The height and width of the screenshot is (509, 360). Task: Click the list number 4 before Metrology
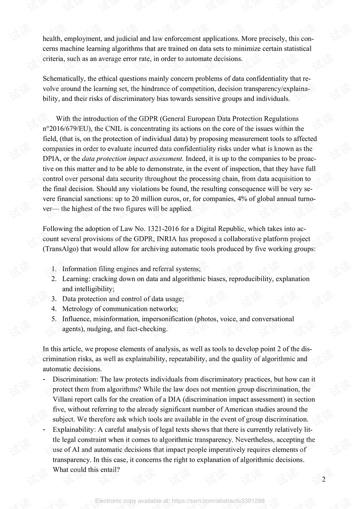(54, 309)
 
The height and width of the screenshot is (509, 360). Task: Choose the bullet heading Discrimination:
(76, 379)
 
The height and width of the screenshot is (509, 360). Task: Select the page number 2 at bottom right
(324, 479)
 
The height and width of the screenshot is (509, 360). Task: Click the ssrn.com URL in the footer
(218, 501)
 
